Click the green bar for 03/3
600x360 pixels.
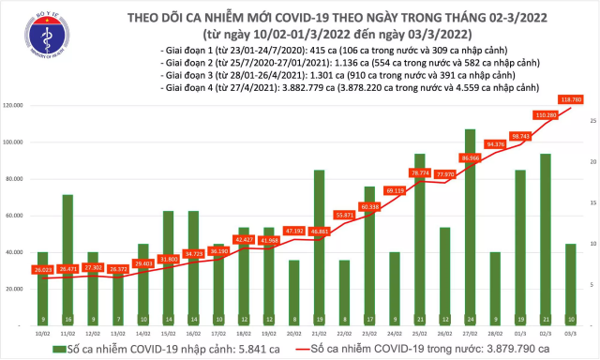tap(571, 285)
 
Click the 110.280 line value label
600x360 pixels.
tap(546, 114)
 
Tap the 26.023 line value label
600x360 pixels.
tap(42, 269)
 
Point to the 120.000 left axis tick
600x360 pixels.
tap(15, 106)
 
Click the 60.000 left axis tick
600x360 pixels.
tap(17, 217)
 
